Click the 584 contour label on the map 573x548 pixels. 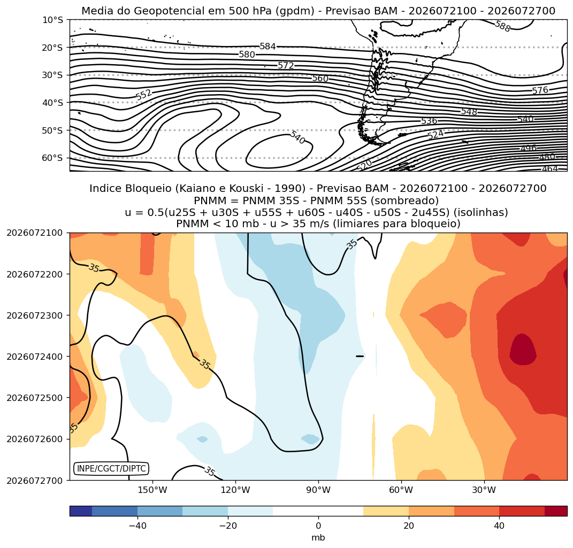coord(268,47)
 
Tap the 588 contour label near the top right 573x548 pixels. coord(502,26)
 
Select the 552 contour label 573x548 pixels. coord(143,95)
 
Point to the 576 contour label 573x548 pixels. coord(540,90)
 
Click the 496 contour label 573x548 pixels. coord(529,148)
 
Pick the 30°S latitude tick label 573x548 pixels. coord(52,75)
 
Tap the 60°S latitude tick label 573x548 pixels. coord(52,158)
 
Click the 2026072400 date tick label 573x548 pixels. coord(35,356)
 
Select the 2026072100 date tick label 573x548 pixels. coord(35,233)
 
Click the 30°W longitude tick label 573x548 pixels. coord(484,490)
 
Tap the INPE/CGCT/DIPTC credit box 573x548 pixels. coord(111,468)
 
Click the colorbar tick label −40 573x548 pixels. coord(138,526)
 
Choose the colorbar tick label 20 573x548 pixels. coord(409,526)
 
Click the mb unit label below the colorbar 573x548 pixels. coord(318,538)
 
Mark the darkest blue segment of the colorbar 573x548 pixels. coord(81,511)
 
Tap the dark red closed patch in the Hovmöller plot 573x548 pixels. coord(523,350)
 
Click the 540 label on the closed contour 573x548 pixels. coord(297,137)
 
